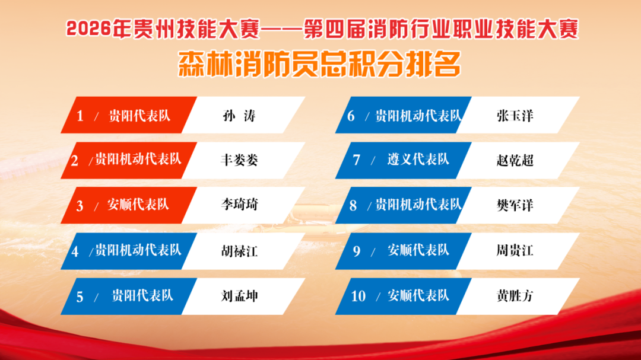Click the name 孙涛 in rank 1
click(239, 116)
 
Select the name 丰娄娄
click(239, 160)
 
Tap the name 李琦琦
click(239, 205)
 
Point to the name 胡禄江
click(239, 251)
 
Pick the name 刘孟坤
click(239, 297)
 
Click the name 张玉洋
click(515, 116)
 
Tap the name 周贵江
click(515, 250)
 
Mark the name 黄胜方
click(515, 296)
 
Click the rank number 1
click(80, 116)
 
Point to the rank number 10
click(358, 296)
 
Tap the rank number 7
click(357, 160)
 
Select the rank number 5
click(80, 297)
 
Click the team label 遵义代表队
click(418, 160)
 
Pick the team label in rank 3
click(138, 204)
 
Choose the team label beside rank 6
click(418, 116)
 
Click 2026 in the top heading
click(88, 30)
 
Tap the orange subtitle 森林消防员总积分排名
click(320, 64)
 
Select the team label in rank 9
click(418, 250)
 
